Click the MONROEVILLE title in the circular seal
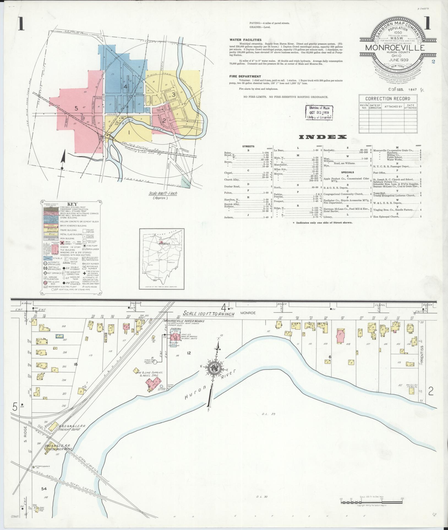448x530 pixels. pyautogui.click(x=395, y=47)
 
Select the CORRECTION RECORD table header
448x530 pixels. pyautogui.click(x=387, y=99)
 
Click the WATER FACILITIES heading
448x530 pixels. pyautogui.click(x=245, y=40)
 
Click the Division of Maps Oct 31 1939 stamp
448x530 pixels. pyautogui.click(x=319, y=112)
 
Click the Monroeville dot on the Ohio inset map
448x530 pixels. pyautogui.click(x=158, y=243)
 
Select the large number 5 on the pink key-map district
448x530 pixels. pyautogui.click(x=76, y=108)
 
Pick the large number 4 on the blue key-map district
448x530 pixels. pyautogui.click(x=124, y=87)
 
